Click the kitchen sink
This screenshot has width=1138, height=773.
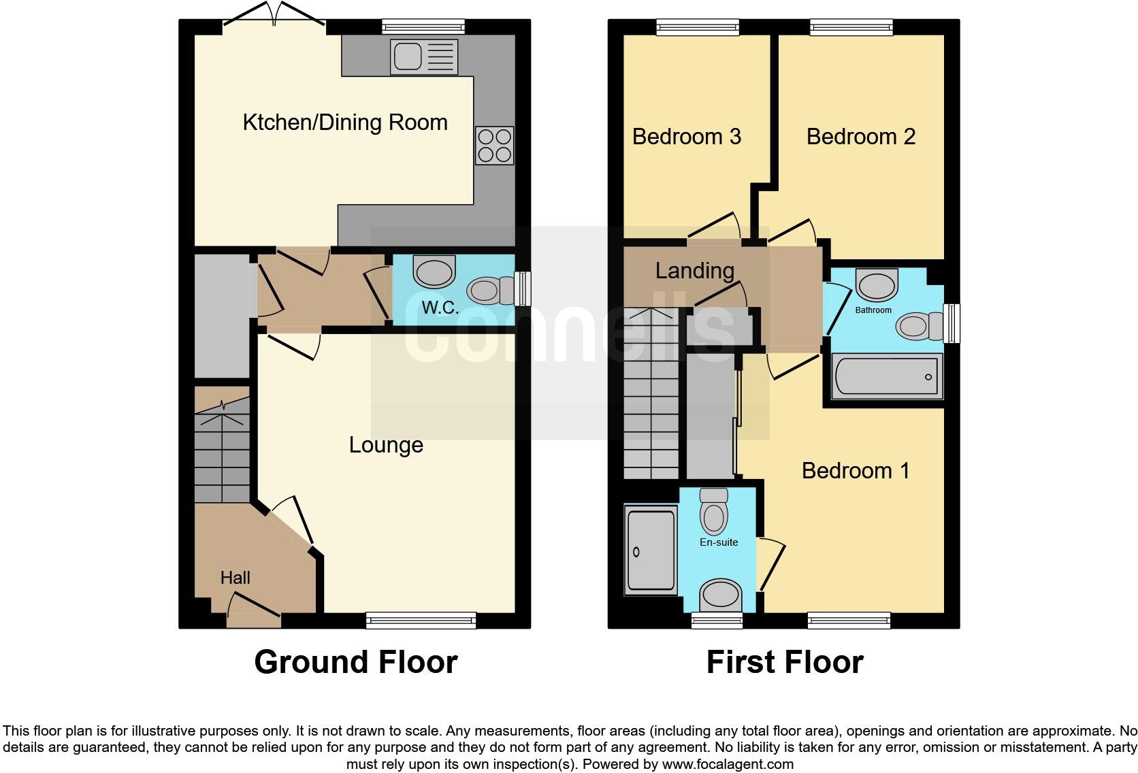(x=423, y=56)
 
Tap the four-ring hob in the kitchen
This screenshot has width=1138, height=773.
(x=494, y=146)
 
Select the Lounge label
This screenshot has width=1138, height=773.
(x=386, y=445)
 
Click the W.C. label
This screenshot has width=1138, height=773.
(x=440, y=308)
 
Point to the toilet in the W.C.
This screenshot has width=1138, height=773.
(x=492, y=291)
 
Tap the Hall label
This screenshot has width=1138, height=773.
(x=235, y=578)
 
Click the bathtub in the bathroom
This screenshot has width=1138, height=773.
(x=886, y=376)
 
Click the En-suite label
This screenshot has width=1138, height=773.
(x=719, y=542)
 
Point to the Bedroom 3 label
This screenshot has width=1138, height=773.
(x=686, y=137)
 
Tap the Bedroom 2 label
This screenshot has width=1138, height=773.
(x=860, y=137)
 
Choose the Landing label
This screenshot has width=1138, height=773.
(x=694, y=271)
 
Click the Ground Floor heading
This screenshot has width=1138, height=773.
(x=355, y=662)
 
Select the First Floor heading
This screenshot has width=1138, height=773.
(x=784, y=662)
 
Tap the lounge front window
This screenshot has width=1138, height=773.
(x=421, y=620)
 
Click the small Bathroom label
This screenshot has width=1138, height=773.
(x=873, y=310)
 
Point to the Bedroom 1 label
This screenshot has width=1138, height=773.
(x=855, y=471)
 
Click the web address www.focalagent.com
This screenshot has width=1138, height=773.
(x=727, y=763)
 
